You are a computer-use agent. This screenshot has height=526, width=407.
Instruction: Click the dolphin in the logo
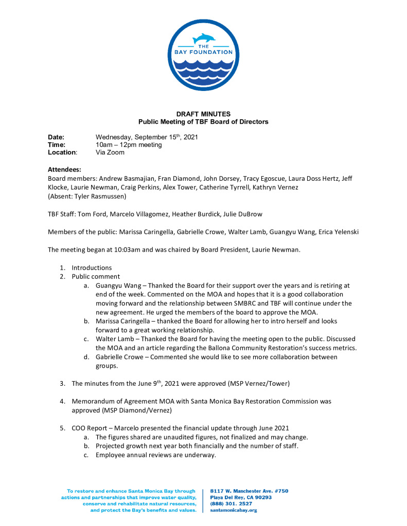[203, 38]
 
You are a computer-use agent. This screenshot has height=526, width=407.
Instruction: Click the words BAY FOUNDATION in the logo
[203, 52]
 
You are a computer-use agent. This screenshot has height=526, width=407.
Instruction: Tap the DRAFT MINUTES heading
[203, 114]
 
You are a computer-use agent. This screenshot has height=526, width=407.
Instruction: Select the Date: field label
[56, 138]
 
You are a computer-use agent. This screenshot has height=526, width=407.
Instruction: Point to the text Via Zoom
[110, 153]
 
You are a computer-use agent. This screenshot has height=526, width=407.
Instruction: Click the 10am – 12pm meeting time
[129, 145]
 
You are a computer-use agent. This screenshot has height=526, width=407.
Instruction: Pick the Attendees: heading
[64, 170]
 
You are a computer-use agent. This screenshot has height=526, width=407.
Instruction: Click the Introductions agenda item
[92, 268]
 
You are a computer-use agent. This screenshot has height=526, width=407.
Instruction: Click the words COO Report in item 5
[89, 428]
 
